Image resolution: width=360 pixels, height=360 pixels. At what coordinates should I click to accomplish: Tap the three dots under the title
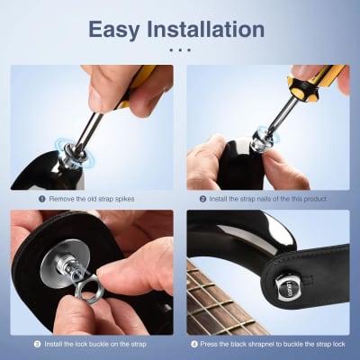pos(180,49)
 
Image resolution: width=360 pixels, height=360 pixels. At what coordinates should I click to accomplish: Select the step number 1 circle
pos(42,198)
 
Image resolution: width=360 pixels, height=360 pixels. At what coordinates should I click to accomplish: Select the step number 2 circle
pos(203,198)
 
